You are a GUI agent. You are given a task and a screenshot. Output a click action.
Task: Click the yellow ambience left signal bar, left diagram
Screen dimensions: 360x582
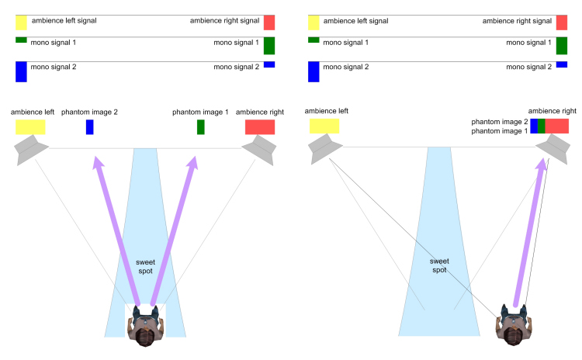pos(21,22)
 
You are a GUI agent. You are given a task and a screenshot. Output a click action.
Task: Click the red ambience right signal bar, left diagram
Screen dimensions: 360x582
pos(268,22)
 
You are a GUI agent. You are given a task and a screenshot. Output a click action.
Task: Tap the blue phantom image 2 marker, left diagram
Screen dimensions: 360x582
pos(89,126)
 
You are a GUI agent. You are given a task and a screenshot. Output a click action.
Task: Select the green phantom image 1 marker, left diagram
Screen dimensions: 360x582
pos(200,126)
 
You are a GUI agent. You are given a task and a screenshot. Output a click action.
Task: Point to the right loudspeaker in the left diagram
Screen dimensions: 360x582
pos(259,149)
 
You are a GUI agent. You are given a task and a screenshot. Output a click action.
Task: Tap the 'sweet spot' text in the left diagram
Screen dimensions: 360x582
pos(145,266)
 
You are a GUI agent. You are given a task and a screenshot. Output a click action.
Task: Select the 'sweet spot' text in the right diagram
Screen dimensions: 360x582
pos(439,266)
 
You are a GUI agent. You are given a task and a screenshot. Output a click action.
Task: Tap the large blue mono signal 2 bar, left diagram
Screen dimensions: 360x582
pos(21,71)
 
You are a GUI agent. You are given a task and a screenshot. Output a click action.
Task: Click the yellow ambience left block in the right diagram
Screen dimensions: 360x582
pos(324,126)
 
